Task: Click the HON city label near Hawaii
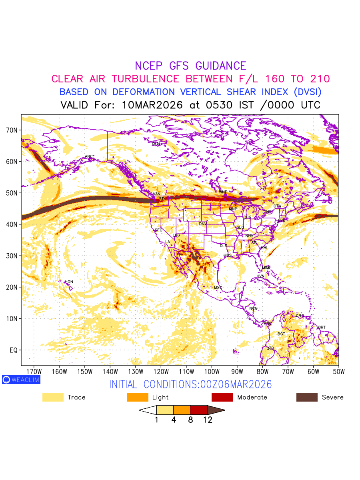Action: (x=69, y=282)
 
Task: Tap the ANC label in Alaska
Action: (x=89, y=156)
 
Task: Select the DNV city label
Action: (x=203, y=224)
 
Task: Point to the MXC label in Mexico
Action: (x=218, y=288)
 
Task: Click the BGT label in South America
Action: (x=281, y=334)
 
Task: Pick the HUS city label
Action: (x=228, y=255)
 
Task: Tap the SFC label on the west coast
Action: (x=158, y=230)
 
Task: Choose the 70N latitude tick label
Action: (x=11, y=130)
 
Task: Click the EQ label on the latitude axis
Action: (x=13, y=350)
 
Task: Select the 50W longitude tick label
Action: (x=338, y=371)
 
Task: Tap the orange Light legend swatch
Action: (x=138, y=397)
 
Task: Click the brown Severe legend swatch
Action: (x=307, y=397)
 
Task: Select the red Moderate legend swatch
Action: (x=222, y=397)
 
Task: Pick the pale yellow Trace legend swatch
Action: (x=53, y=397)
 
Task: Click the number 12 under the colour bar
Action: (x=208, y=420)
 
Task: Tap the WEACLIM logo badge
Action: (x=21, y=380)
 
